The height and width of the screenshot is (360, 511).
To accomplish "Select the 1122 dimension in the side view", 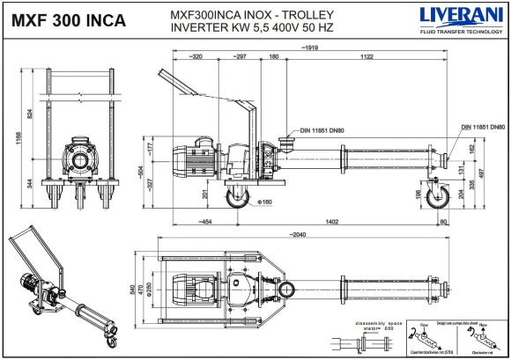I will tap(365, 56).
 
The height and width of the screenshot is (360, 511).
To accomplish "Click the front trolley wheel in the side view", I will tap(236, 199).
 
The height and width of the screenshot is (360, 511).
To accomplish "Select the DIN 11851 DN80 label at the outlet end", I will tap(482, 128).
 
